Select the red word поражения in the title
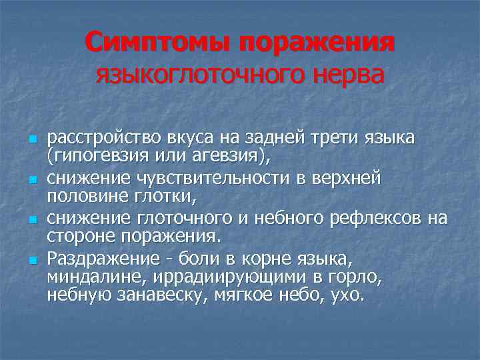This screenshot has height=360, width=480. click(316, 43)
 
